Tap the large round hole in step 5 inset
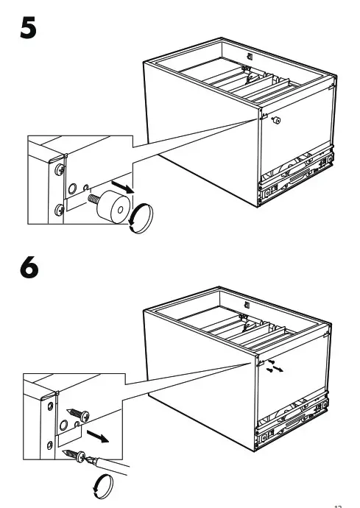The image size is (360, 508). tap(71, 189)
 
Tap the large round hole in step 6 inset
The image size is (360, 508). tap(64, 427)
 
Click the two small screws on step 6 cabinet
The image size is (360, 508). tap(272, 367)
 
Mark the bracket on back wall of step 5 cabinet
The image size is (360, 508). tap(250, 56)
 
